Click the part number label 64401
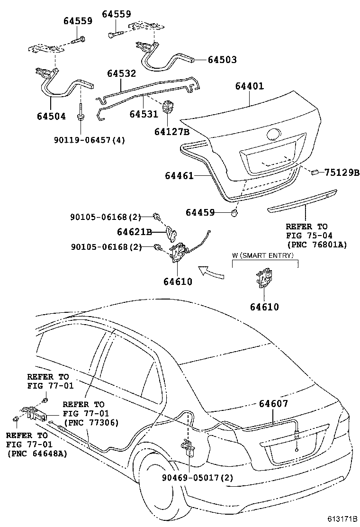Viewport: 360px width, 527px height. pyautogui.click(x=250, y=86)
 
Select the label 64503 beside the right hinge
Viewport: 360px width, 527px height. pyautogui.click(x=222, y=60)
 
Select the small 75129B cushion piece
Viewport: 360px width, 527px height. pyautogui.click(x=314, y=172)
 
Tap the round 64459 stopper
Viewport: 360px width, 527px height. pyautogui.click(x=234, y=212)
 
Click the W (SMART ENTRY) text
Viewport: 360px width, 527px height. pyautogui.click(x=263, y=255)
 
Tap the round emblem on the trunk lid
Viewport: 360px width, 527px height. pyautogui.click(x=274, y=134)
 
